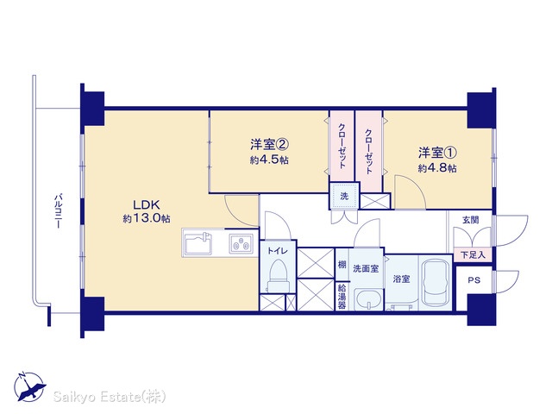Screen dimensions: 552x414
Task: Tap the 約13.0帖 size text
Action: [x=147, y=218]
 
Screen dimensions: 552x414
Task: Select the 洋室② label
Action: [x=270, y=144]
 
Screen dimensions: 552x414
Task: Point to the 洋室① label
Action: [x=437, y=153]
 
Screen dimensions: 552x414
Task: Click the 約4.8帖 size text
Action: [x=437, y=168]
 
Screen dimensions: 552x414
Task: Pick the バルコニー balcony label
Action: [x=59, y=210]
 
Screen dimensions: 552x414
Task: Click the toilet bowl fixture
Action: [x=278, y=275]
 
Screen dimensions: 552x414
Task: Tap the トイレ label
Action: [x=278, y=251]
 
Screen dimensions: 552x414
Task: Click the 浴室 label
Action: [x=401, y=279]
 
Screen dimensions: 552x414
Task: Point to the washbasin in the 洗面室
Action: [x=368, y=299]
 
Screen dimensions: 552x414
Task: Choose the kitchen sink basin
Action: [x=198, y=243]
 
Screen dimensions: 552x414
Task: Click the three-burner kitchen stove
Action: [x=241, y=243]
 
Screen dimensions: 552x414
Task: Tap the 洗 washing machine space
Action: [x=344, y=196]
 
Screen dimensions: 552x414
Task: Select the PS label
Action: [x=474, y=280]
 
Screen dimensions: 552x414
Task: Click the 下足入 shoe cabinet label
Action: [x=474, y=254]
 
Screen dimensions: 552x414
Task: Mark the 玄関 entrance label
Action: [x=470, y=221]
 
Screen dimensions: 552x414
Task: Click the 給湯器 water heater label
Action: [x=342, y=297]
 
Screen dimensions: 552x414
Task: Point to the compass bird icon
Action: [x=30, y=387]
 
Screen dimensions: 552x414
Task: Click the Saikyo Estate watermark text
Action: [x=110, y=397]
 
